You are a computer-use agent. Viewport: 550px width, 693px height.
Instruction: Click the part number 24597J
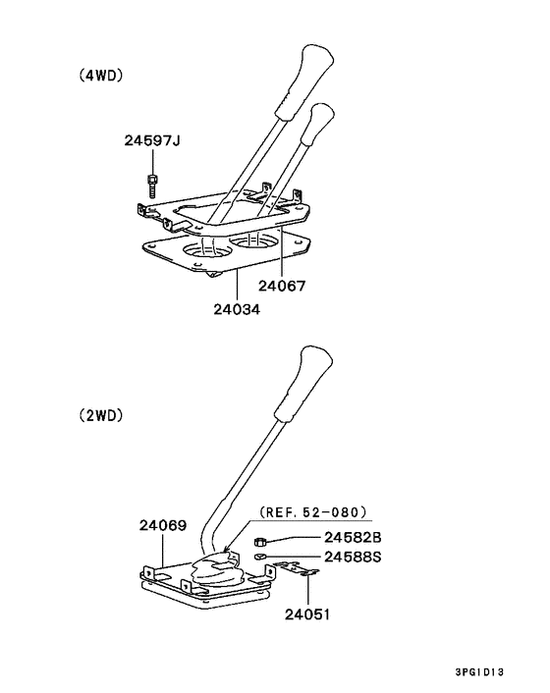point(152,140)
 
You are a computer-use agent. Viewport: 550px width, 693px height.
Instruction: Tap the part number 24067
point(282,286)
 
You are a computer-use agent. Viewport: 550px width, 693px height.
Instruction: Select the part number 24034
point(237,309)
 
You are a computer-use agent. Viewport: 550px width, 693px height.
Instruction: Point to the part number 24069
point(163,525)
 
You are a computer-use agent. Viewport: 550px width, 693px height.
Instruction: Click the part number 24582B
point(353,538)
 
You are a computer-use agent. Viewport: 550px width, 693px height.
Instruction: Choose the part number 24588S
point(353,557)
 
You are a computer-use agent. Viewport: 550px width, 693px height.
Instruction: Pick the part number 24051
point(307,614)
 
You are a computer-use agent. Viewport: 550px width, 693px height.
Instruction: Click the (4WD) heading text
point(101,76)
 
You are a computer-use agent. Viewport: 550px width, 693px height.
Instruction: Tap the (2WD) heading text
point(101,415)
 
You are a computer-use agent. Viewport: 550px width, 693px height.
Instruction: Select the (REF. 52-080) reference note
point(313,512)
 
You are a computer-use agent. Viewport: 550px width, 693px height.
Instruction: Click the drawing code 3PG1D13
point(479,672)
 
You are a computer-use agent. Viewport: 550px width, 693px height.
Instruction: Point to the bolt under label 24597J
point(152,187)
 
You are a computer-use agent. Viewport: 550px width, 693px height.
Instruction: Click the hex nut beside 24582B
point(260,541)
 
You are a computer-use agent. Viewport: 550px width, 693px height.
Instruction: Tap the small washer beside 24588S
point(260,557)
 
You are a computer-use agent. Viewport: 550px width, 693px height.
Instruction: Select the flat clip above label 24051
point(296,568)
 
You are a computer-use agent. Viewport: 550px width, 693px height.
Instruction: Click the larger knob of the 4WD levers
point(304,81)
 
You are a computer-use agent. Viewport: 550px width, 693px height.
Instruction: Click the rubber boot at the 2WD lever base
point(217,569)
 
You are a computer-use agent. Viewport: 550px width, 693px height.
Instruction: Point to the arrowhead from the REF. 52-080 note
point(226,550)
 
